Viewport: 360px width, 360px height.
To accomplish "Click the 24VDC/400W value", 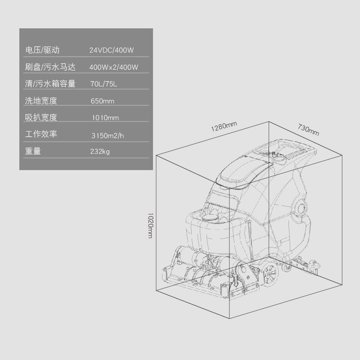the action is pyautogui.click(x=112, y=50).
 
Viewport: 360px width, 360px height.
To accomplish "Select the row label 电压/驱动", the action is pyautogui.click(x=42, y=50).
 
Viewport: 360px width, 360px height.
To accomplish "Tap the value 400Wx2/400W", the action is pyautogui.click(x=113, y=67).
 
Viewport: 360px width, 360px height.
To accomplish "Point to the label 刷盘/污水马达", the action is pyautogui.click(x=50, y=67).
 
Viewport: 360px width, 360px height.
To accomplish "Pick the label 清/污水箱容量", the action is pyautogui.click(x=50, y=84).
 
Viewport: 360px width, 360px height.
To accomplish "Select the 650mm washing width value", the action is pyautogui.click(x=102, y=101).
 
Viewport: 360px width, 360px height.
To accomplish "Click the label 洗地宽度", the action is pyautogui.click(x=41, y=101).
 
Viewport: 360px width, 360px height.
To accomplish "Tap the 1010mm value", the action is pyautogui.click(x=105, y=118).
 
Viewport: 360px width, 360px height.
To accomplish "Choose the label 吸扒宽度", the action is pyautogui.click(x=41, y=118).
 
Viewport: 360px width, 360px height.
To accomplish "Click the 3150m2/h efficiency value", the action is pyautogui.click(x=107, y=135).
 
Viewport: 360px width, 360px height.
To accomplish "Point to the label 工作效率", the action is pyautogui.click(x=41, y=134).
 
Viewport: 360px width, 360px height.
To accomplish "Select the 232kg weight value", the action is pyautogui.click(x=100, y=152).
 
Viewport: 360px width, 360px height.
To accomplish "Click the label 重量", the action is pyautogui.click(x=33, y=152).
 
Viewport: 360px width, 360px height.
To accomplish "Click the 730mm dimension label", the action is pyautogui.click(x=308, y=130).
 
